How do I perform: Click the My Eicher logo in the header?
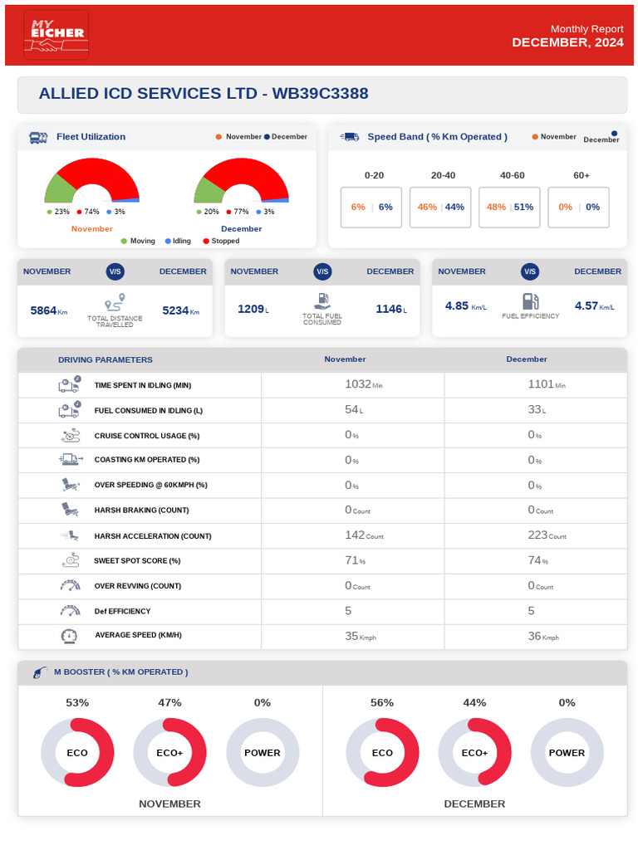click(x=56, y=35)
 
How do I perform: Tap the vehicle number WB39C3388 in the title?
click(x=320, y=93)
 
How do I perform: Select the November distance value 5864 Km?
click(x=49, y=310)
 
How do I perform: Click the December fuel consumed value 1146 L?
click(x=391, y=309)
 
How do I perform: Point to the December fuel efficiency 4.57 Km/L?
click(x=595, y=305)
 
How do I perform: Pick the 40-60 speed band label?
click(x=512, y=175)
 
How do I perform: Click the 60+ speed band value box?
click(x=579, y=207)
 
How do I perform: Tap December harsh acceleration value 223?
click(x=547, y=535)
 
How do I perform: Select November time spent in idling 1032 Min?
click(x=364, y=384)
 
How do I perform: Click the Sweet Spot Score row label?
click(x=137, y=560)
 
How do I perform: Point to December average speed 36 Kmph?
click(x=543, y=636)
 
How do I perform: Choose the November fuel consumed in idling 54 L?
click(x=354, y=410)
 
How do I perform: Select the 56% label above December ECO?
click(x=382, y=702)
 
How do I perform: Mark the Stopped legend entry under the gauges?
click(x=221, y=241)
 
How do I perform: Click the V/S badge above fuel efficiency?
click(x=530, y=271)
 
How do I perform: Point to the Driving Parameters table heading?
click(x=106, y=359)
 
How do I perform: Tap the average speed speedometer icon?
click(x=69, y=636)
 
